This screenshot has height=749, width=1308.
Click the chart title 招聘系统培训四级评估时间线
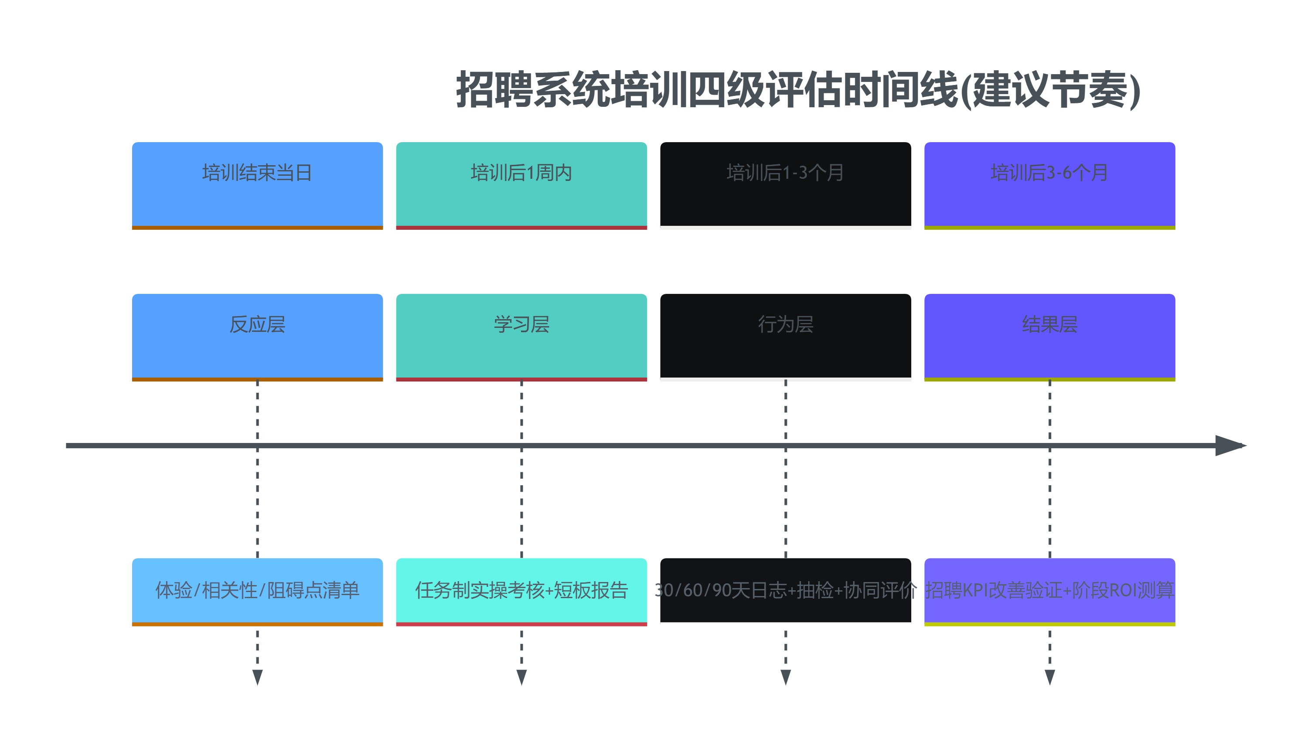click(x=798, y=90)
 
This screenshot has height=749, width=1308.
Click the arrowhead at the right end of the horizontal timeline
click(x=1230, y=446)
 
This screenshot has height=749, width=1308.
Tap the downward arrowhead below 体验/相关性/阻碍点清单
click(x=258, y=677)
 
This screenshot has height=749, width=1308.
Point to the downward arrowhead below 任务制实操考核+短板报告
click(x=521, y=677)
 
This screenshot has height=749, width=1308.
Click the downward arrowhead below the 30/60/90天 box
click(x=785, y=677)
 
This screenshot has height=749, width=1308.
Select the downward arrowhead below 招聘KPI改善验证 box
click(x=1050, y=677)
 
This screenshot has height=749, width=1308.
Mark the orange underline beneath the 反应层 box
click(x=257, y=380)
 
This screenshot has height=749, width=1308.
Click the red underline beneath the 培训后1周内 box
click(x=521, y=228)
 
